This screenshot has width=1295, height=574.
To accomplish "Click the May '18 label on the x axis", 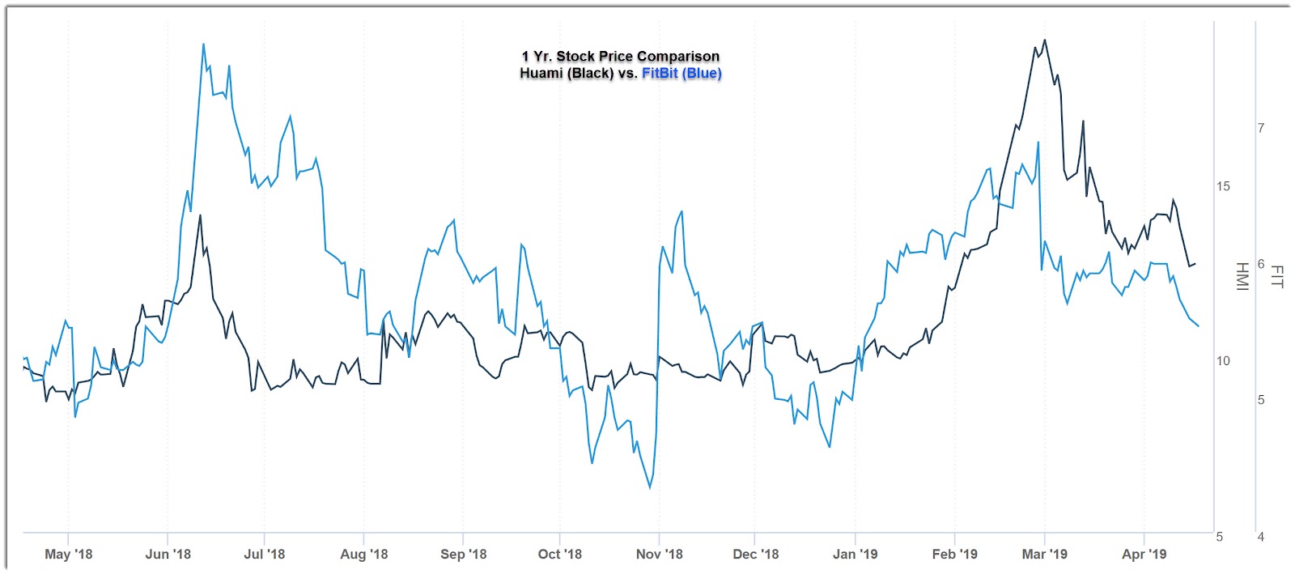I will (68, 555).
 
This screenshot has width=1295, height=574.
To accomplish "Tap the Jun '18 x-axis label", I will (168, 555).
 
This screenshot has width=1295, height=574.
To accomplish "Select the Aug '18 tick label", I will (363, 555).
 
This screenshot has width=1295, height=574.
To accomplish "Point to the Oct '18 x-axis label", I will (559, 555).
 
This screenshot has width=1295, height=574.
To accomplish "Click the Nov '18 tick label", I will (659, 555).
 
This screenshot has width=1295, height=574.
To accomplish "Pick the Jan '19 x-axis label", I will (855, 555).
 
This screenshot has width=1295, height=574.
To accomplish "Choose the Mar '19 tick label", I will (1044, 555).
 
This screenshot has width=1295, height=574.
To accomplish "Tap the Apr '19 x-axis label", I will (1144, 555).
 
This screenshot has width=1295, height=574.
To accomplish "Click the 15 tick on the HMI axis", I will (1223, 186).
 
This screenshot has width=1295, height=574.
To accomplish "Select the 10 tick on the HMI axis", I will (1223, 361).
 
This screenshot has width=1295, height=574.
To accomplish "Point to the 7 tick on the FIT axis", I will (1261, 128).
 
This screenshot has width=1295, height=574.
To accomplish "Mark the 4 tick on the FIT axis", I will (1261, 537).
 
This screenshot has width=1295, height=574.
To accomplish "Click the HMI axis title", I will (1242, 276).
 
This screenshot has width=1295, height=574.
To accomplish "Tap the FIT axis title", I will (1277, 276).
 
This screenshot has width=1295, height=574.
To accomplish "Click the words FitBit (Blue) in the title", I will (681, 74).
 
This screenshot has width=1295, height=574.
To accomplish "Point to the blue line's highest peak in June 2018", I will (203, 44).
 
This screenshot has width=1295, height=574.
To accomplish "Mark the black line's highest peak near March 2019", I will (1045, 40).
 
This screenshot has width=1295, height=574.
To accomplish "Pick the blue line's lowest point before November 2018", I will (650, 487).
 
